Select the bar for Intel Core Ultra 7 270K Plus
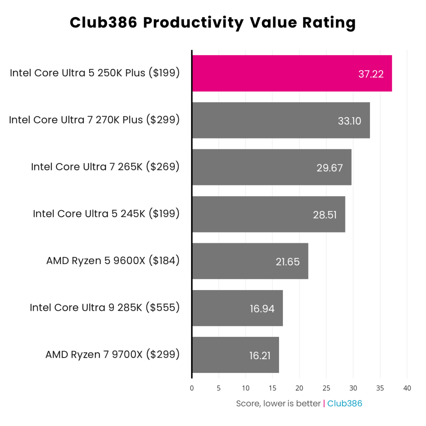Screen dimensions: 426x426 [280, 120]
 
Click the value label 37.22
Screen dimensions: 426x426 [371, 74]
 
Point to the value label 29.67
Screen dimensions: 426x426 [329, 168]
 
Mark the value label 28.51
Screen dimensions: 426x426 [324, 215]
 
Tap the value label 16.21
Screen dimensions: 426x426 [260, 355]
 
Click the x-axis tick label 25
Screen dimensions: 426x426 [326, 388]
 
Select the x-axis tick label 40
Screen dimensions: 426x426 [407, 388]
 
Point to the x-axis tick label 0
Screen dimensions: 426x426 [192, 388]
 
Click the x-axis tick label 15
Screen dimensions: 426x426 [272, 388]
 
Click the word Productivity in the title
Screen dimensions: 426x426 [193, 23]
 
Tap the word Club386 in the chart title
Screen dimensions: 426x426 [103, 23]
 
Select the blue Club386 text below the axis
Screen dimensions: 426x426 [344, 404]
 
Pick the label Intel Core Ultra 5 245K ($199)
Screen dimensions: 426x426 [106, 214]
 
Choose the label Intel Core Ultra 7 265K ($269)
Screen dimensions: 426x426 [105, 167]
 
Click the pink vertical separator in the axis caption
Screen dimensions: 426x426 [324, 404]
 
